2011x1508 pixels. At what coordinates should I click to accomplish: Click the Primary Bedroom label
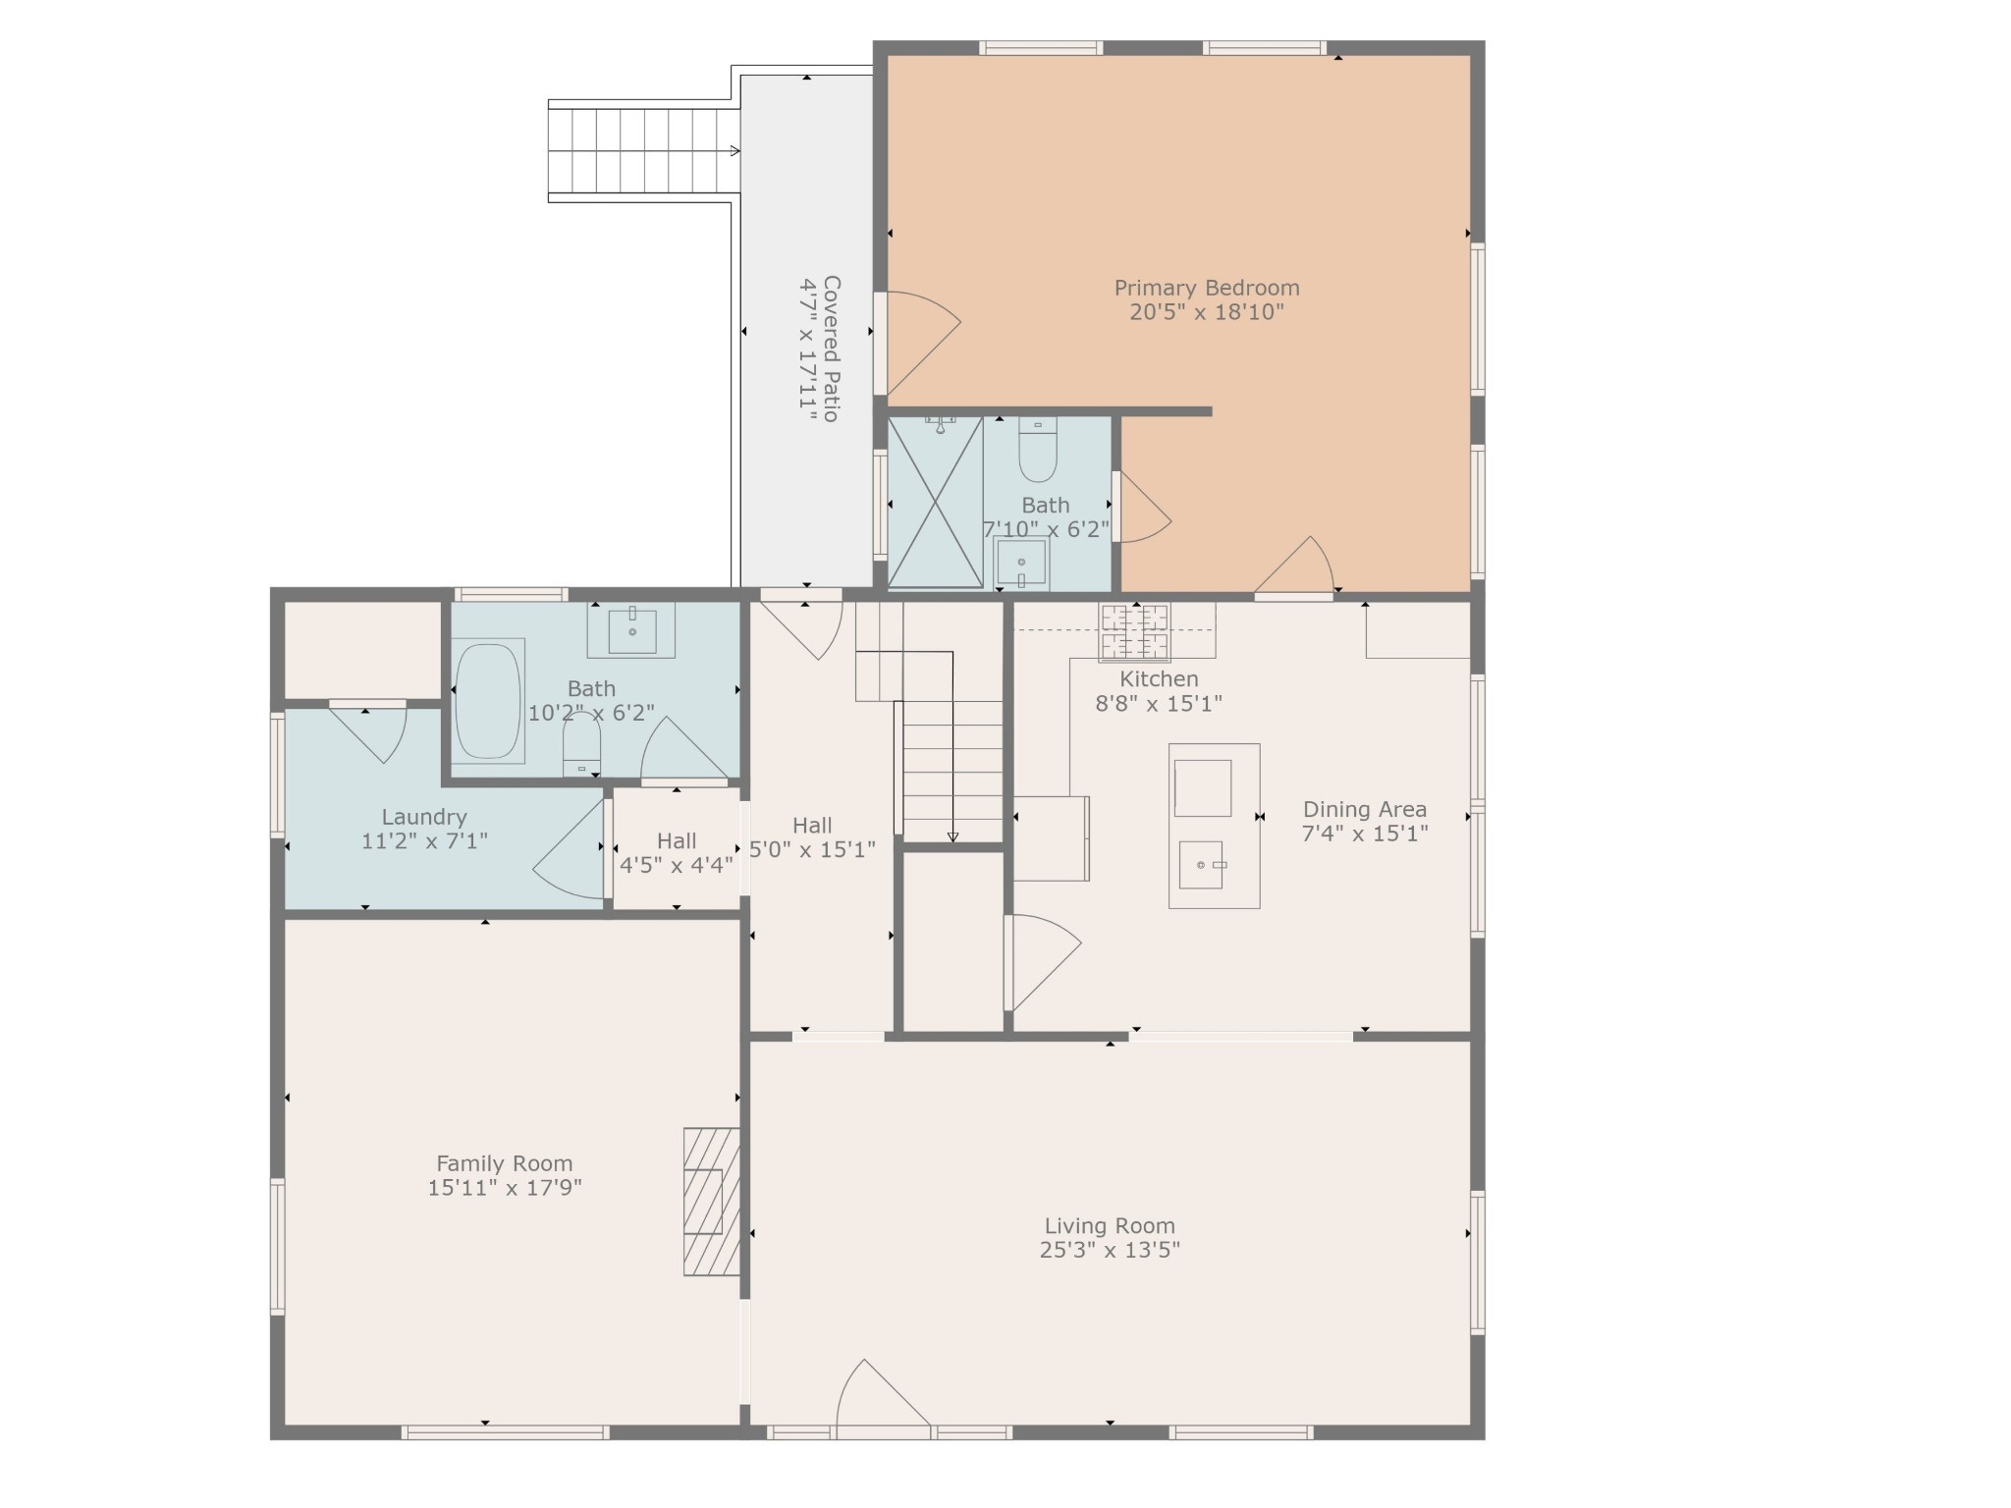pyautogui.click(x=1206, y=289)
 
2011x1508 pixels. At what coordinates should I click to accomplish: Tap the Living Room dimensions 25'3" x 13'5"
pyautogui.click(x=1110, y=1250)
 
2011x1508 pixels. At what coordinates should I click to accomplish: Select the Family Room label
pyautogui.click(x=505, y=1163)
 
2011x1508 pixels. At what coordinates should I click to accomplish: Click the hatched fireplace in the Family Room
pyautogui.click(x=712, y=1201)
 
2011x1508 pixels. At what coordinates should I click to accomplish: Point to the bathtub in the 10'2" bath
pyautogui.click(x=488, y=701)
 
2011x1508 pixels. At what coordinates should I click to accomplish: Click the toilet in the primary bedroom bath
pyautogui.click(x=1038, y=450)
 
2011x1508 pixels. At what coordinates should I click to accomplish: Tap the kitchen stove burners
pyautogui.click(x=1135, y=632)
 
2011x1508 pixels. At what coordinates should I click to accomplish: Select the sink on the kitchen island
pyautogui.click(x=1201, y=864)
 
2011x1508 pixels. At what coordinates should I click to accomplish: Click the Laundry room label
pyautogui.click(x=424, y=817)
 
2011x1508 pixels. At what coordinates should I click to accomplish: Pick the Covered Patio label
pyautogui.click(x=831, y=349)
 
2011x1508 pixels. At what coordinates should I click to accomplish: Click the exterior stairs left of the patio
pyautogui.click(x=643, y=151)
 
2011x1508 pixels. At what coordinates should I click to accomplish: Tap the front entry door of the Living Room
pyautogui.click(x=882, y=1394)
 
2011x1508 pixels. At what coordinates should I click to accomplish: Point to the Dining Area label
pyautogui.click(x=1365, y=810)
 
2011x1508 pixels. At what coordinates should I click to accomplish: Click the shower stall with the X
pyautogui.click(x=936, y=503)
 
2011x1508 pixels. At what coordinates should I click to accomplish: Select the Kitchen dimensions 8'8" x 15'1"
pyautogui.click(x=1159, y=704)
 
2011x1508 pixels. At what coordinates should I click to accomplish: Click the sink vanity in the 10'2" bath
pyautogui.click(x=631, y=630)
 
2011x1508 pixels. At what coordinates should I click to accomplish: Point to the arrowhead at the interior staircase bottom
pyautogui.click(x=952, y=836)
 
